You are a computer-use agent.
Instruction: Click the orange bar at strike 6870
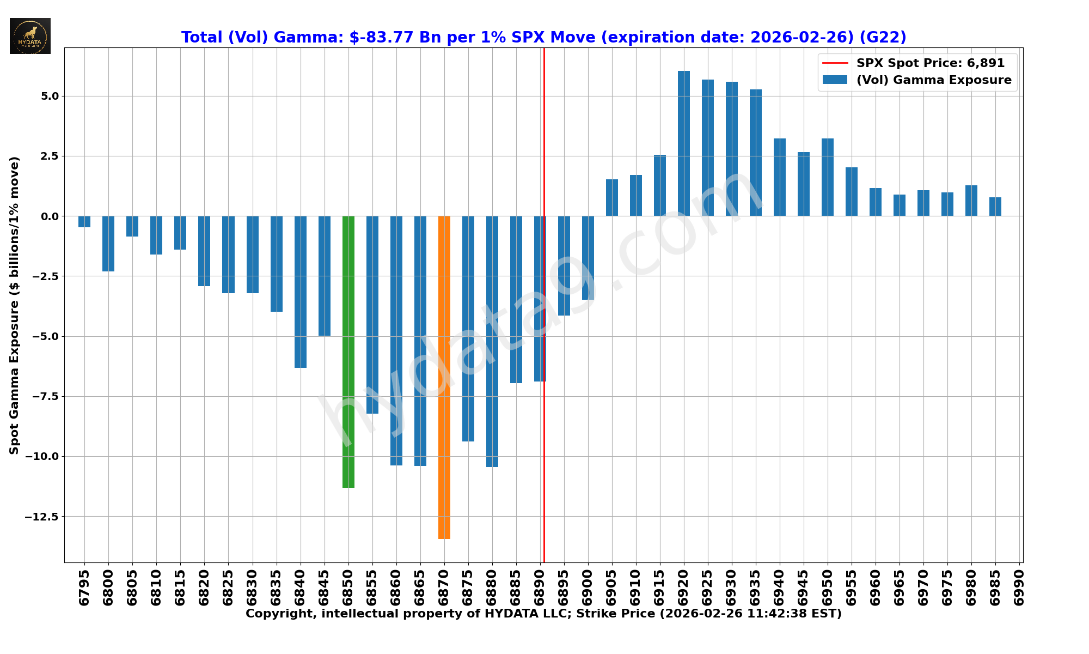click(x=444, y=377)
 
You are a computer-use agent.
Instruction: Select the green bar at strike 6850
click(x=348, y=352)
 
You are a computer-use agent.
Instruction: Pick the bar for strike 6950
click(x=828, y=177)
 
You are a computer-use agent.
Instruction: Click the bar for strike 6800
click(x=108, y=244)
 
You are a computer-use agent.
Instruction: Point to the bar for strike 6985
click(x=995, y=207)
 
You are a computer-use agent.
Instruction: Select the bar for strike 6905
click(x=612, y=197)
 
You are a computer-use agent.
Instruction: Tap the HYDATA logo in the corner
click(x=30, y=36)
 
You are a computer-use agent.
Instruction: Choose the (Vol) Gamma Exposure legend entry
click(x=933, y=80)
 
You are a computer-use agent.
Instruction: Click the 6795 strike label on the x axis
click(x=84, y=588)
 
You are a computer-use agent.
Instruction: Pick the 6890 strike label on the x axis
click(x=540, y=588)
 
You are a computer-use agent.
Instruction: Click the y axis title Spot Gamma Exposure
click(x=14, y=305)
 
